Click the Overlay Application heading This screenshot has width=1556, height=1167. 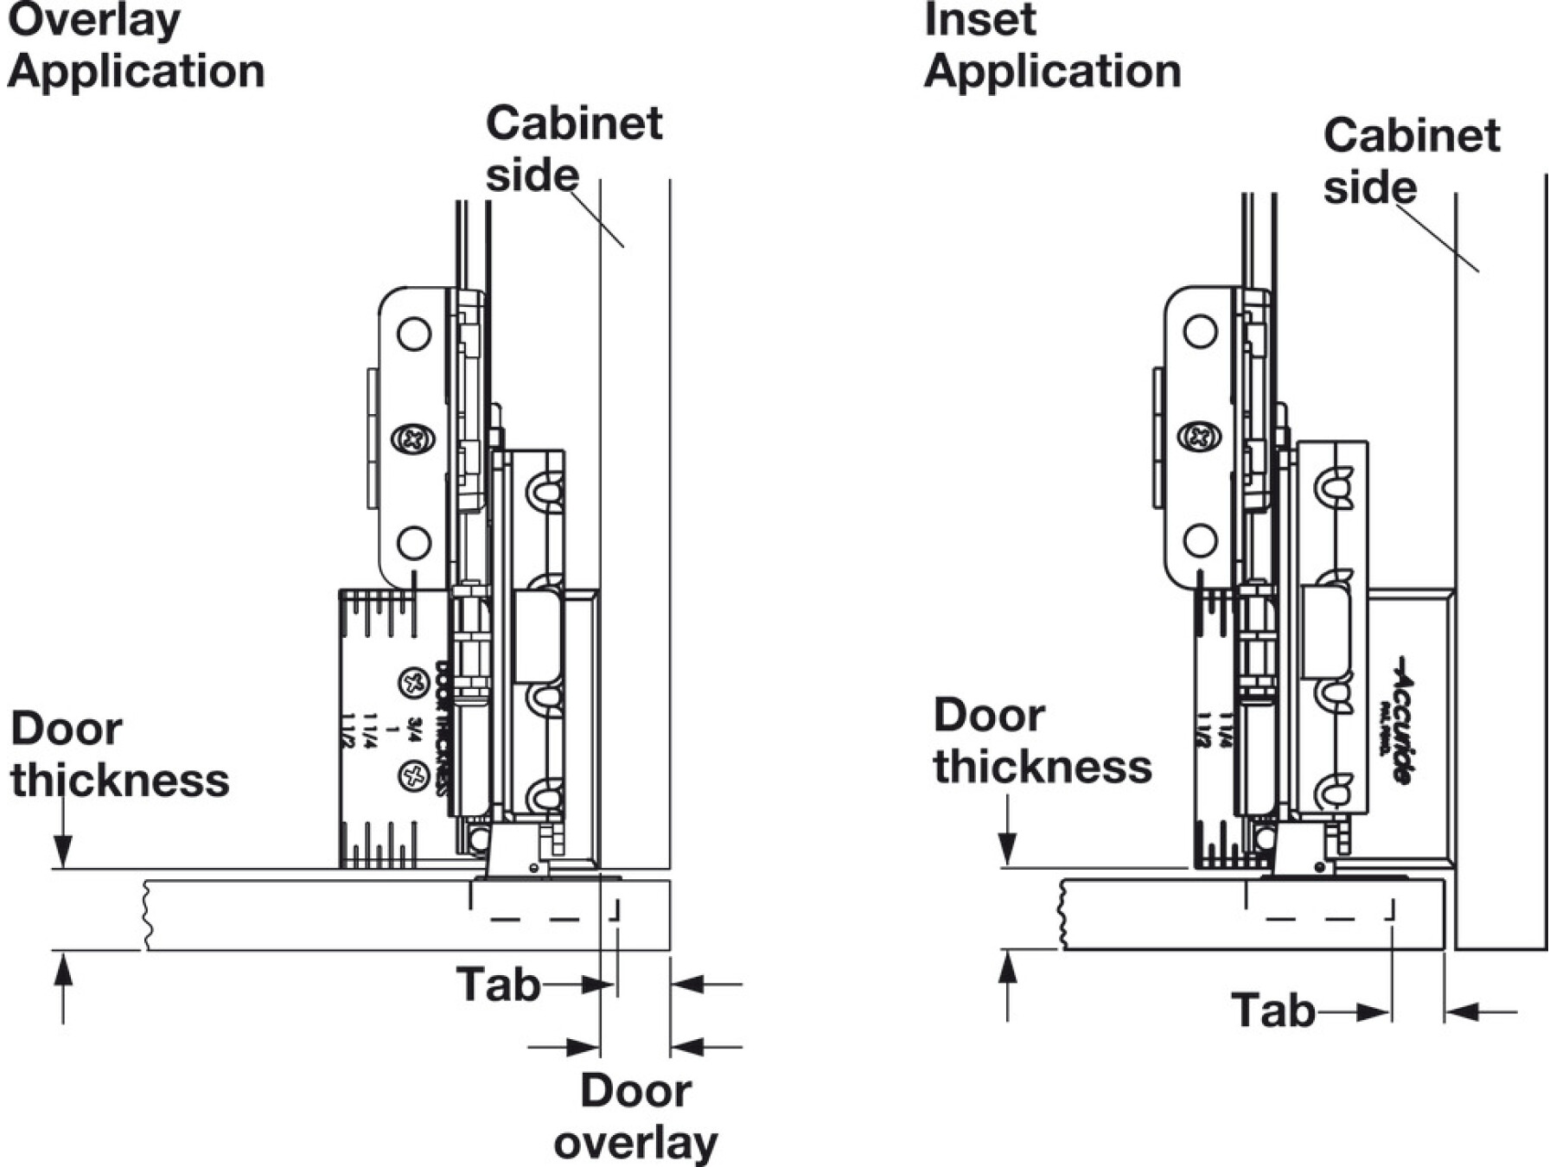point(136,45)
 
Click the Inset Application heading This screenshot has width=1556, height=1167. point(1052,45)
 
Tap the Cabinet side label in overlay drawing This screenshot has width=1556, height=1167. point(573,149)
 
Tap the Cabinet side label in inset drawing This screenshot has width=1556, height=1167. point(1411,161)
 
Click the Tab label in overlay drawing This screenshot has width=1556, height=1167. point(498,985)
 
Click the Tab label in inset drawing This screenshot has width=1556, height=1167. point(1272,1011)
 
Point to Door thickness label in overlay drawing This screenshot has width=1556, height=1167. point(119,755)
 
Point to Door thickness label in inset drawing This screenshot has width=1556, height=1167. point(1042,741)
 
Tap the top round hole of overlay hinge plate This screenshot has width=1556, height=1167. point(414,333)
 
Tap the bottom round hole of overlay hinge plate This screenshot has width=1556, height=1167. point(414,543)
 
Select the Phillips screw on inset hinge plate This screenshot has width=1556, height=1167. point(1200,437)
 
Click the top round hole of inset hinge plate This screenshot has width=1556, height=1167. point(1200,330)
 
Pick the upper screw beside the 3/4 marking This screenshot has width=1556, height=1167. point(414,683)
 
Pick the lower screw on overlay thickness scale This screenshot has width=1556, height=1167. point(414,775)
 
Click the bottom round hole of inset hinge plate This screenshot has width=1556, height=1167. point(1200,541)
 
